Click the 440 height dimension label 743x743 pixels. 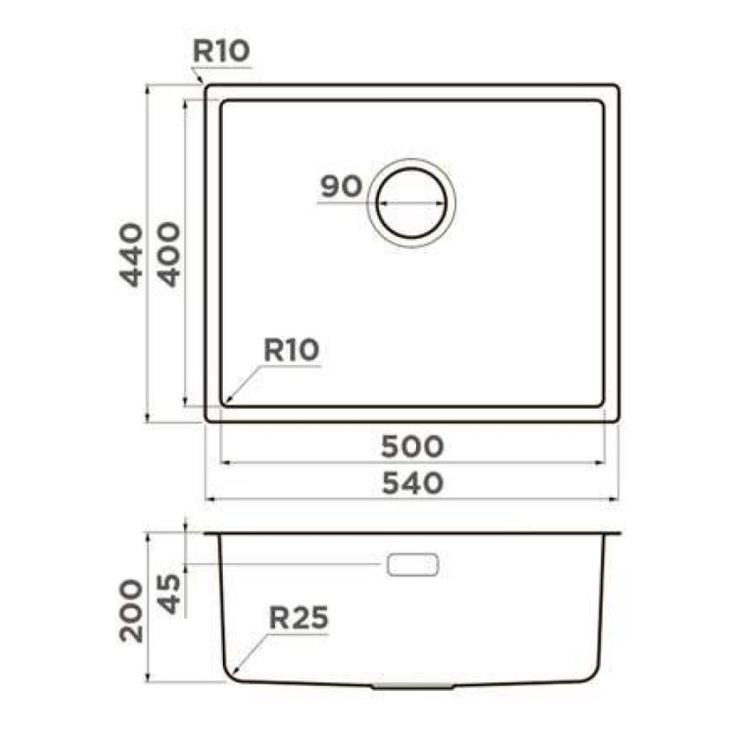[130, 254]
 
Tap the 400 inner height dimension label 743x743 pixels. [169, 254]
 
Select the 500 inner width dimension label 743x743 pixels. [412, 447]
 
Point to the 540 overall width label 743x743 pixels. [412, 484]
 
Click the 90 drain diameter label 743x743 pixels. [341, 187]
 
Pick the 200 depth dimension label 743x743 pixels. [130, 611]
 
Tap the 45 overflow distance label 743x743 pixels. [169, 594]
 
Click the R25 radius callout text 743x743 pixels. [299, 618]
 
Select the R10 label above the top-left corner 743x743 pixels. [220, 51]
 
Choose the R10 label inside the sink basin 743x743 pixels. [291, 350]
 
